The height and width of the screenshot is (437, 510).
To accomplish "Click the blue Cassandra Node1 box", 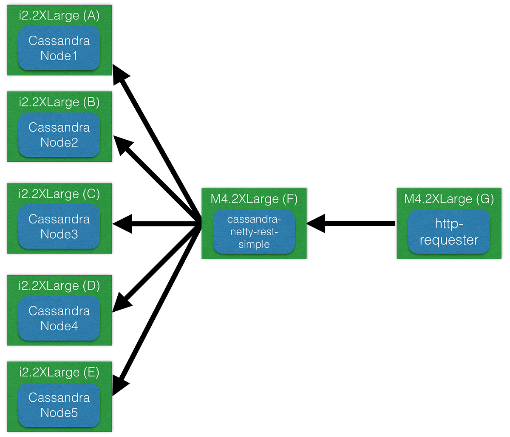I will (59, 48).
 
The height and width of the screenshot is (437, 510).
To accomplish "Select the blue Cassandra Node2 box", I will (59, 135).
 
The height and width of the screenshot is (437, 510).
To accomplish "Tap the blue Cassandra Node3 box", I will (59, 227).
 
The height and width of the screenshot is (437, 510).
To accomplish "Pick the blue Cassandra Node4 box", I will (59, 319).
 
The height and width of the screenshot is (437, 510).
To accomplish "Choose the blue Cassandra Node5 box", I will (59, 405).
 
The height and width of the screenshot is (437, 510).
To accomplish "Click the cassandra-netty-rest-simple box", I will (254, 232).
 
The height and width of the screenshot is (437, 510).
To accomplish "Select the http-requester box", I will (449, 232).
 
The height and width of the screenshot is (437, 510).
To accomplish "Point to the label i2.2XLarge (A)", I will (59, 16).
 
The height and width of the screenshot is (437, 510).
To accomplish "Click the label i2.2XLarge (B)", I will (59, 102).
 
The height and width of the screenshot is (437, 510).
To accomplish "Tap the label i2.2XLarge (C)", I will (59, 194).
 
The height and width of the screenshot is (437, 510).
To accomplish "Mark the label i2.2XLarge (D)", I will (59, 286).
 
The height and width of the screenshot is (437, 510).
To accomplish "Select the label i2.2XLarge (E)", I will (59, 372).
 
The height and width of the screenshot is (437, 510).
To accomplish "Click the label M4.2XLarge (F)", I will (254, 199).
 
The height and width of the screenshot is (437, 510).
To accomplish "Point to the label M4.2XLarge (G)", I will (449, 199).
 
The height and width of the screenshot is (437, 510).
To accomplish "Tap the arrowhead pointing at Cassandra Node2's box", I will (122, 144).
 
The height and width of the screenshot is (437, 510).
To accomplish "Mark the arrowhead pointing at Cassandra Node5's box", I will (119, 385).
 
